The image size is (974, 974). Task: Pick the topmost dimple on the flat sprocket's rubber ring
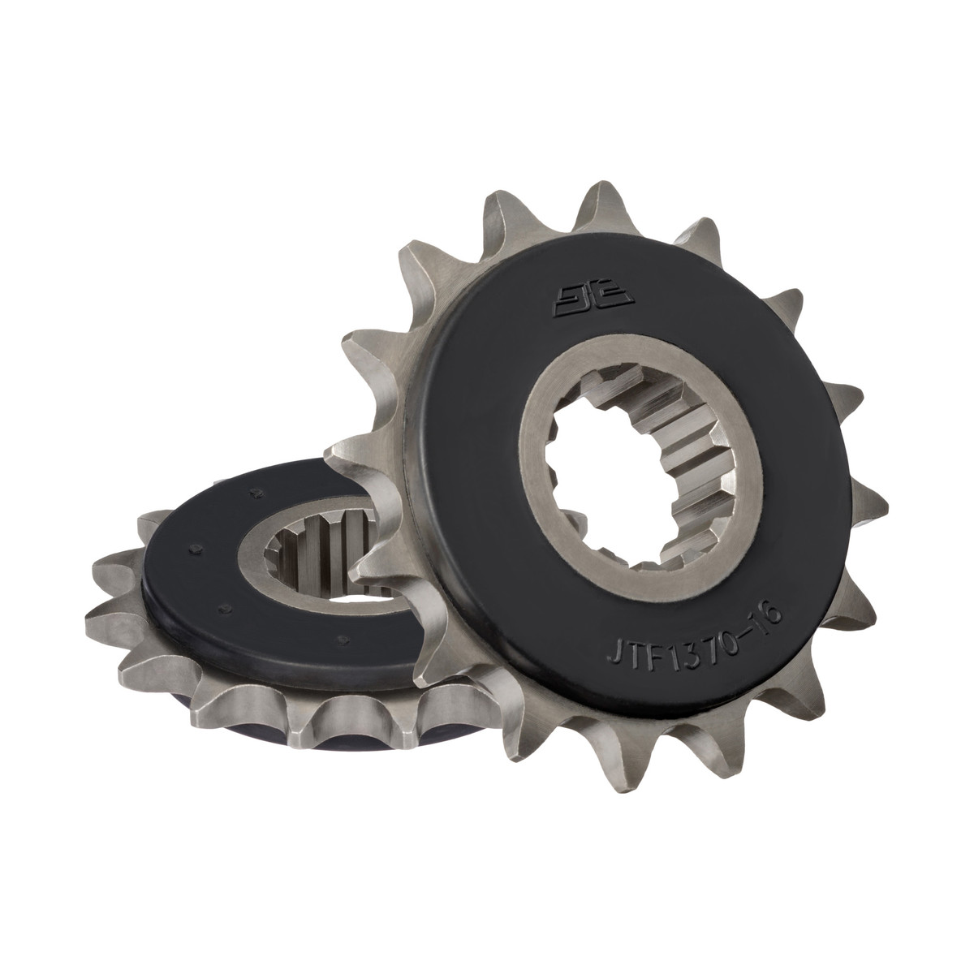click(x=257, y=492)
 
